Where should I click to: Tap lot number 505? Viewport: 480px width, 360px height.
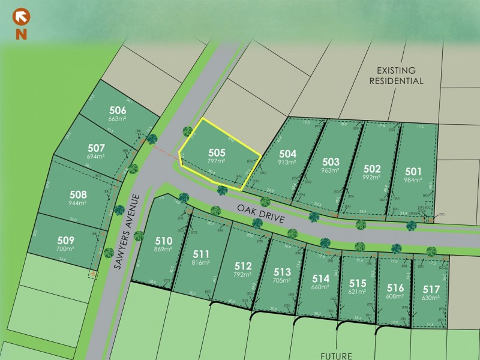click(x=217, y=153)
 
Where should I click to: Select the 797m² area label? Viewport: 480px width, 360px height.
click(x=217, y=162)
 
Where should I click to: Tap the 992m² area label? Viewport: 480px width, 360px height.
click(x=372, y=178)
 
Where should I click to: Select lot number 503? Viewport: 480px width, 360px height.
click(x=331, y=161)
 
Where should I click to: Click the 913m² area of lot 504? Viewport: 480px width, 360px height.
click(x=288, y=162)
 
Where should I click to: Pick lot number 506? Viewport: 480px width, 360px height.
click(x=118, y=110)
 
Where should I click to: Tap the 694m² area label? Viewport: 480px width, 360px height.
click(x=96, y=157)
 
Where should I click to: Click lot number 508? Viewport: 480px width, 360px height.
click(x=78, y=194)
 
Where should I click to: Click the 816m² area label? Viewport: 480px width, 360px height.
click(x=201, y=263)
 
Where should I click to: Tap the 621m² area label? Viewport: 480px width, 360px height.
click(x=358, y=292)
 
